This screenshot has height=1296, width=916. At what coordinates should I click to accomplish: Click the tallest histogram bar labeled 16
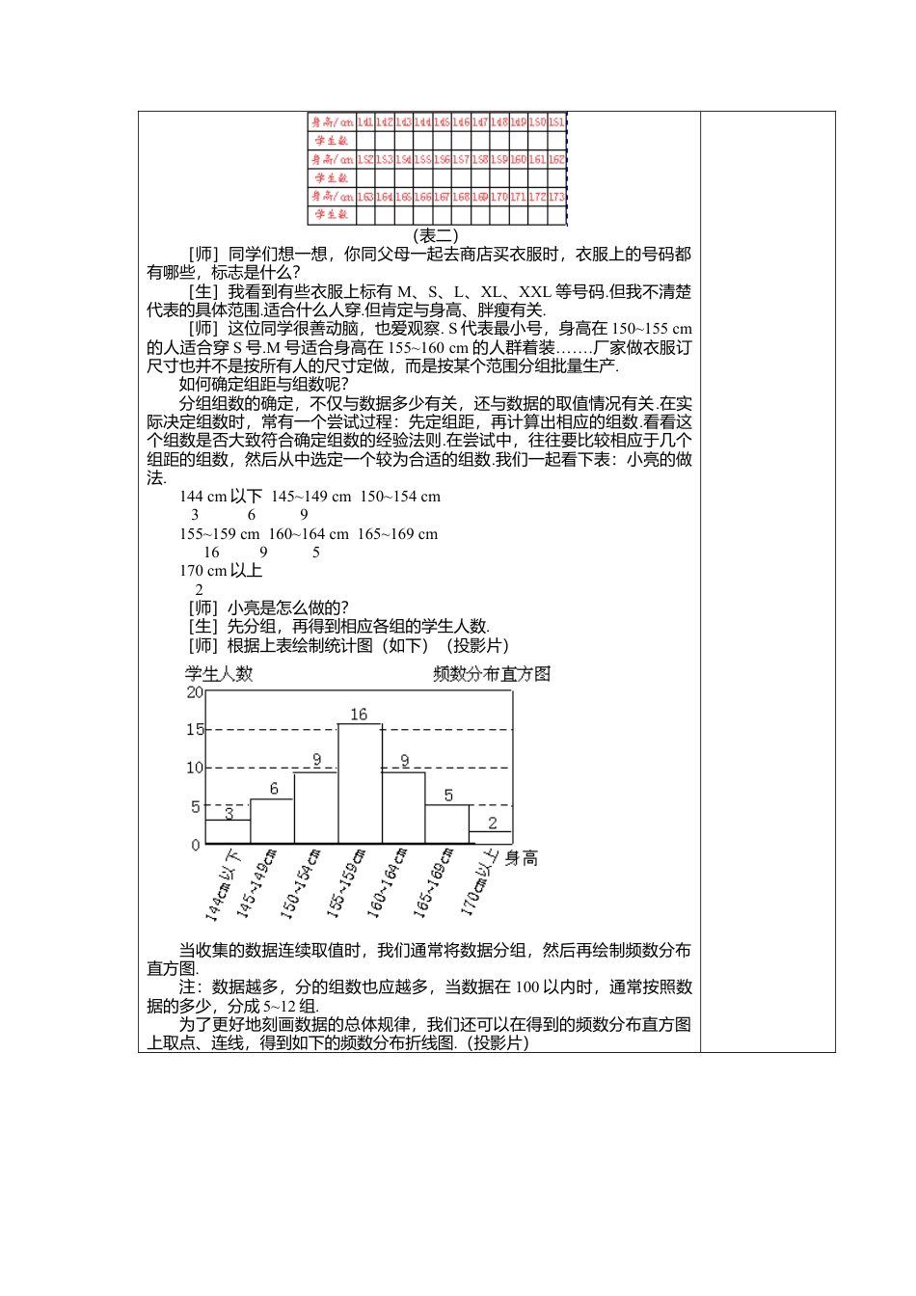[359, 783]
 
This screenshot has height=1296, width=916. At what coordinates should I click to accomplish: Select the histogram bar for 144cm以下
[228, 831]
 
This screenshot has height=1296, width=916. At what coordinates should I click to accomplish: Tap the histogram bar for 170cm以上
[491, 837]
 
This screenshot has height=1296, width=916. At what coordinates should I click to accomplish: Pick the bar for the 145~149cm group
[272, 821]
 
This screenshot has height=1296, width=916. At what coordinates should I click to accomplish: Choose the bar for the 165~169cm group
[447, 823]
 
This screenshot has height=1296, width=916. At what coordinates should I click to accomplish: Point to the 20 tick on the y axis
[194, 692]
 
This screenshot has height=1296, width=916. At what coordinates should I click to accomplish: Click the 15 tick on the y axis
[194, 730]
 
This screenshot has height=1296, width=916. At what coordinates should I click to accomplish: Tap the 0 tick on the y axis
[196, 845]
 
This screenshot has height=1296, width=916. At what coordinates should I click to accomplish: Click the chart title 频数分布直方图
[492, 674]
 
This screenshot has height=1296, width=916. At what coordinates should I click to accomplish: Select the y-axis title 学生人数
[219, 674]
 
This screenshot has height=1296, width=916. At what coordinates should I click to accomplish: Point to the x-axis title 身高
[522, 858]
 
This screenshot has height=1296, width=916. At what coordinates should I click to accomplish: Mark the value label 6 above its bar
[274, 789]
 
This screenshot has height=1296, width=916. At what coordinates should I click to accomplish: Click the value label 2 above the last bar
[493, 823]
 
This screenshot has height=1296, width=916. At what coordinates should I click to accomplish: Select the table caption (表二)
[436, 235]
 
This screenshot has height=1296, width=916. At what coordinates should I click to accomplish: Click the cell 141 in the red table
[365, 122]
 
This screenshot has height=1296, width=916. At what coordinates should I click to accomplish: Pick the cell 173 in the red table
[556, 196]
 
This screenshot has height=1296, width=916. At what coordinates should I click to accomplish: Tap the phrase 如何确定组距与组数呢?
[264, 385]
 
